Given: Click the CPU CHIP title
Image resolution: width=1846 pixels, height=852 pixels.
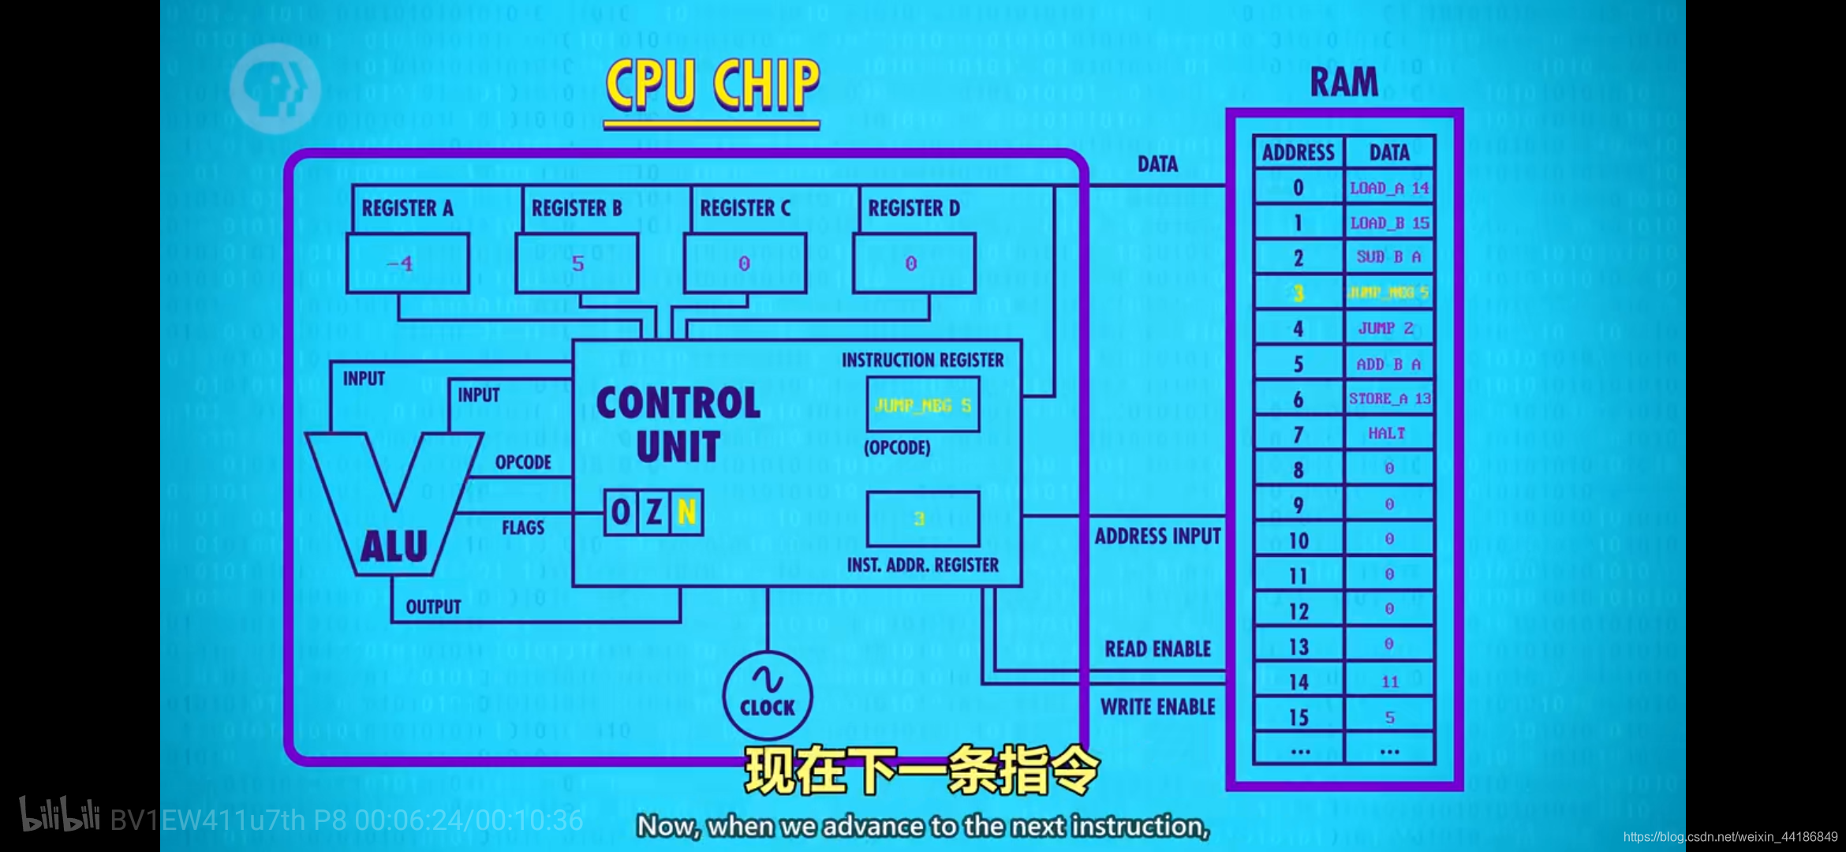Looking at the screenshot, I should pyautogui.click(x=712, y=84).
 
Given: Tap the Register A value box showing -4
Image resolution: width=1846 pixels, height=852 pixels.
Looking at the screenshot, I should pyautogui.click(x=407, y=263).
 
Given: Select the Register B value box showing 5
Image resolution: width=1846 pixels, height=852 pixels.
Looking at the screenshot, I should pyautogui.click(x=577, y=263).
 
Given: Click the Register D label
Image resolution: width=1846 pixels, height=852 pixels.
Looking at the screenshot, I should pyautogui.click(x=914, y=208).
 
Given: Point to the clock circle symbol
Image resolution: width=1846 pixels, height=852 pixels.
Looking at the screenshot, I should pyautogui.click(x=767, y=695).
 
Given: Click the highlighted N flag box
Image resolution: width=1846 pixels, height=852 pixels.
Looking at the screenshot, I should pyautogui.click(x=686, y=513).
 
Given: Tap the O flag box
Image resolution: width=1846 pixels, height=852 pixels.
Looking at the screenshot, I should pyautogui.click(x=621, y=513).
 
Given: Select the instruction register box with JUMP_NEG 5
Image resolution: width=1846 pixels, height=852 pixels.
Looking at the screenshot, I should pyautogui.click(x=922, y=405).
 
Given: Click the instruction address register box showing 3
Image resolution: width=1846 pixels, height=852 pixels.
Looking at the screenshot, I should pyautogui.click(x=922, y=519).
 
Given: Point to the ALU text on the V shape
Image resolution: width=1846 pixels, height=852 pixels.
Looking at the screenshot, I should pyautogui.click(x=394, y=547).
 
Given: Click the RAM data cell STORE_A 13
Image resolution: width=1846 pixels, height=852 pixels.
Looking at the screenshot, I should pyautogui.click(x=1389, y=399).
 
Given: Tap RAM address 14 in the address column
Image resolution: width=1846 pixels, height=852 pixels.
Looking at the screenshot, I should pyautogui.click(x=1299, y=682).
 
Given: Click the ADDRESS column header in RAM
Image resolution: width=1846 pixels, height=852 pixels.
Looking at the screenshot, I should pyautogui.click(x=1299, y=153).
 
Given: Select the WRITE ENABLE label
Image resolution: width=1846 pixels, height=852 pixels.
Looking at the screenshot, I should pyautogui.click(x=1157, y=707).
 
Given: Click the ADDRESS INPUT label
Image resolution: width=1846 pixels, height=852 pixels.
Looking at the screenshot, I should pyautogui.click(x=1157, y=536).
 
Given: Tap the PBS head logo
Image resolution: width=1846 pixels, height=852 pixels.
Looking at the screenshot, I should pyautogui.click(x=275, y=88).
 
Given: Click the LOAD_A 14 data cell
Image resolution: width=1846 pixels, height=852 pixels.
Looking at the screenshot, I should pyautogui.click(x=1389, y=189).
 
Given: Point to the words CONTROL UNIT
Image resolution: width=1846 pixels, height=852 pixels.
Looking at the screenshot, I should pyautogui.click(x=678, y=424).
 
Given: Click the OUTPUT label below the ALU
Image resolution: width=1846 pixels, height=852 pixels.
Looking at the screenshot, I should pyautogui.click(x=433, y=607).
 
